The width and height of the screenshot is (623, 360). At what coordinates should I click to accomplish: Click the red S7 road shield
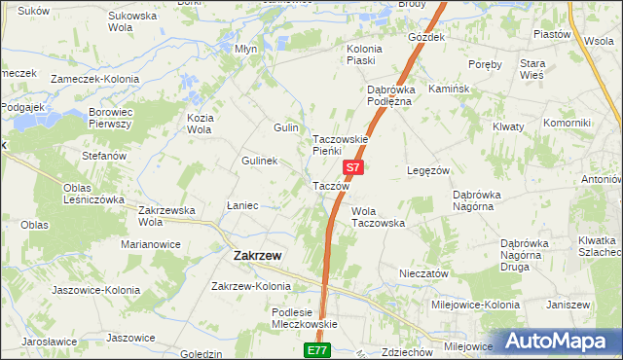(x=354, y=167)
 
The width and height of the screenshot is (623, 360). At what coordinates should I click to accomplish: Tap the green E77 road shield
(x=317, y=349)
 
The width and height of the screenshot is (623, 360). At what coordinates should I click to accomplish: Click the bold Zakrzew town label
(x=258, y=256)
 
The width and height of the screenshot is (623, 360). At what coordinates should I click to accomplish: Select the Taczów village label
(x=330, y=186)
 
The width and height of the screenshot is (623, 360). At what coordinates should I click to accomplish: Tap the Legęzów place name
(x=427, y=170)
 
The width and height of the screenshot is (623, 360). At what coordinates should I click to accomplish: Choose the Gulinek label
(x=261, y=161)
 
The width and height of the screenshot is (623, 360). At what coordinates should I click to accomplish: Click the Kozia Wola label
(x=200, y=124)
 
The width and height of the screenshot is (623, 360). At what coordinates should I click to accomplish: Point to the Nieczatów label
(x=423, y=273)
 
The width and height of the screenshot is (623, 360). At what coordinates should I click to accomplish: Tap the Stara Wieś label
(x=561, y=69)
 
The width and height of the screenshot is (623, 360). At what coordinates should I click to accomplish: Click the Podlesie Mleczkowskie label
(x=303, y=318)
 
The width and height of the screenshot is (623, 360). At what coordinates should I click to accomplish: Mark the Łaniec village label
(x=242, y=205)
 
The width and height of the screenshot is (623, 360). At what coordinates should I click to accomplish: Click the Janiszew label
(x=569, y=305)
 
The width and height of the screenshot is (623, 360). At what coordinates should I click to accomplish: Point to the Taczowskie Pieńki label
(x=340, y=145)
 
